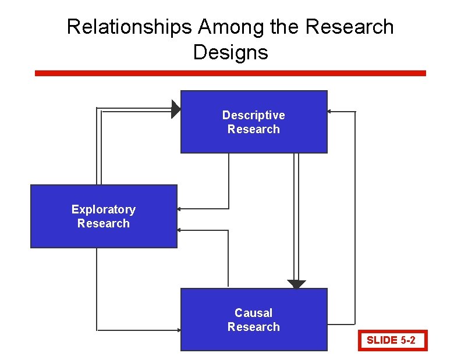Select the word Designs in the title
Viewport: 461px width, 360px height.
pos(230,52)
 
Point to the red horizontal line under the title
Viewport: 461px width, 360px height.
pos(230,73)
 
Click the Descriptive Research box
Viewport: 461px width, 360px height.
pos(254,140)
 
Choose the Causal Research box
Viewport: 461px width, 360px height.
pos(254,340)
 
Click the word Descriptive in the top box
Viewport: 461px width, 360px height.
pos(254,115)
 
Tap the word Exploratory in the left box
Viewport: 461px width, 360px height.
pos(104,209)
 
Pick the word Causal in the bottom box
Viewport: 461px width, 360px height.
pos(254,313)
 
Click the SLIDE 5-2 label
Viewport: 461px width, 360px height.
pos(391,340)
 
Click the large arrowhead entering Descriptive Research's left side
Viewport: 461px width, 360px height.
pos(176,109)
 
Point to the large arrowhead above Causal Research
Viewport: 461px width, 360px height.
pos(296,284)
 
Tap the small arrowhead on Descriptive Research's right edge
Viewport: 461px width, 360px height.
pos(329,111)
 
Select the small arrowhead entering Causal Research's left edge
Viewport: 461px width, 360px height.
pos(178,330)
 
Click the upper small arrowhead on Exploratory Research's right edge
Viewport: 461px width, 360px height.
pos(179,208)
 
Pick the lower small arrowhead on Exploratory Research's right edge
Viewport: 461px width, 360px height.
pos(179,230)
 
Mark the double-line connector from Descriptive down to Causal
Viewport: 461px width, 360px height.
pos(296,215)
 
